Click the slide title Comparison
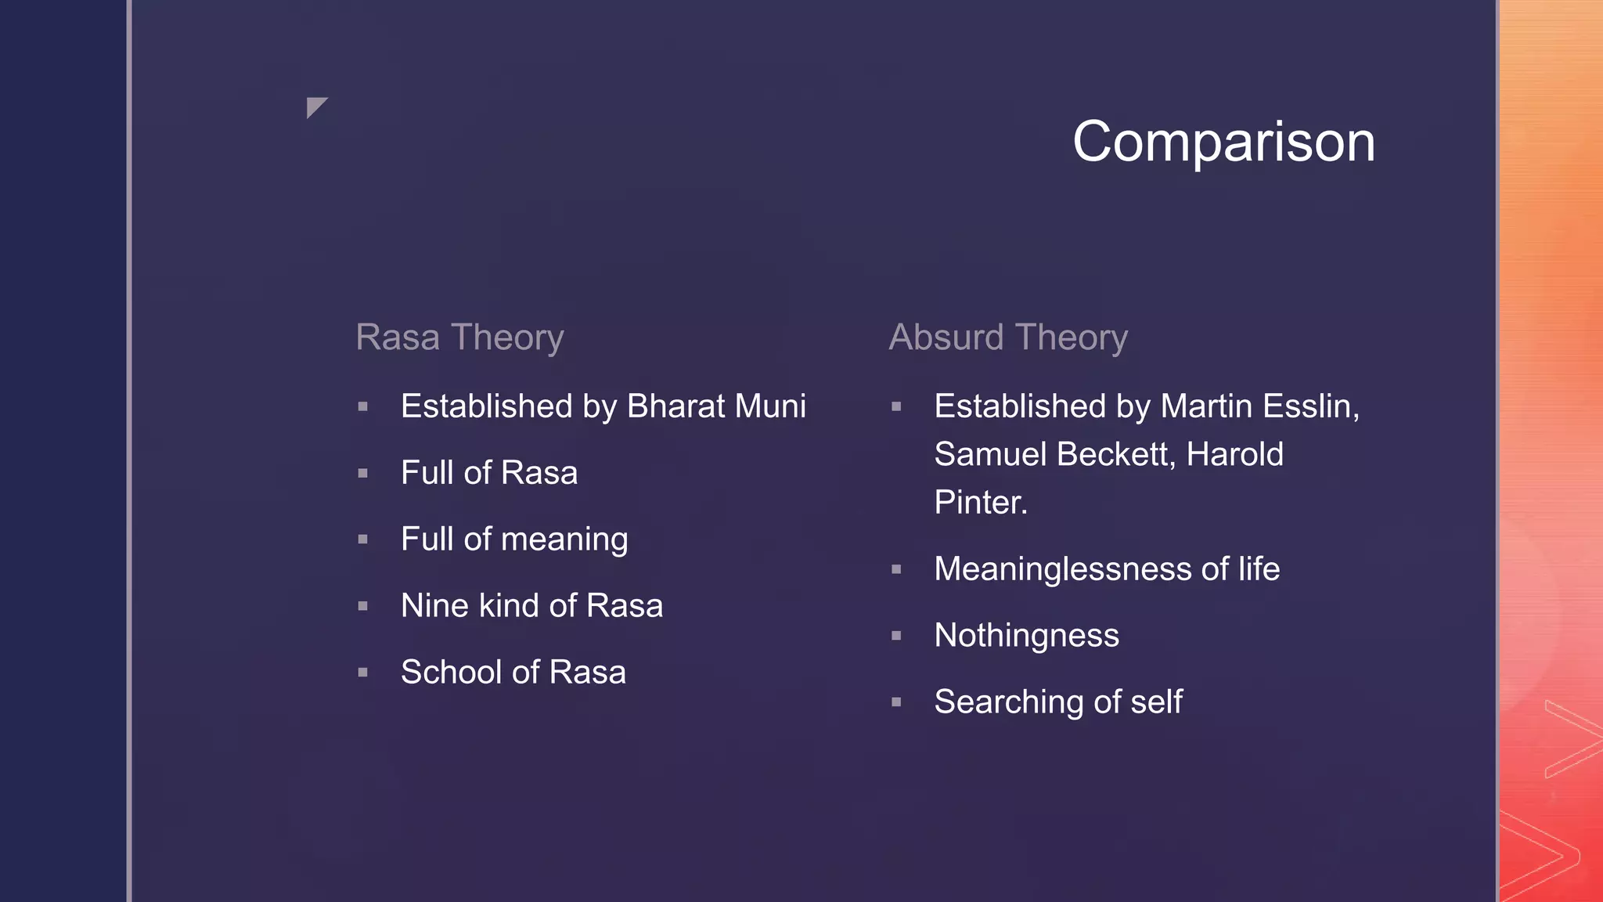click(x=1223, y=142)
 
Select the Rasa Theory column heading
click(x=459, y=337)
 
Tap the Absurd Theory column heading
click(x=1008, y=337)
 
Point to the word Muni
click(x=770, y=406)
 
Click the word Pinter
click(x=980, y=503)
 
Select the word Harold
click(x=1234, y=454)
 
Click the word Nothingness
click(x=1026, y=636)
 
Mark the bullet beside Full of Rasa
click(x=363, y=474)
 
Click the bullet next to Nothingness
click(x=897, y=636)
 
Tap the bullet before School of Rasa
click(x=363, y=673)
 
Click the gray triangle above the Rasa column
click(x=315, y=106)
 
